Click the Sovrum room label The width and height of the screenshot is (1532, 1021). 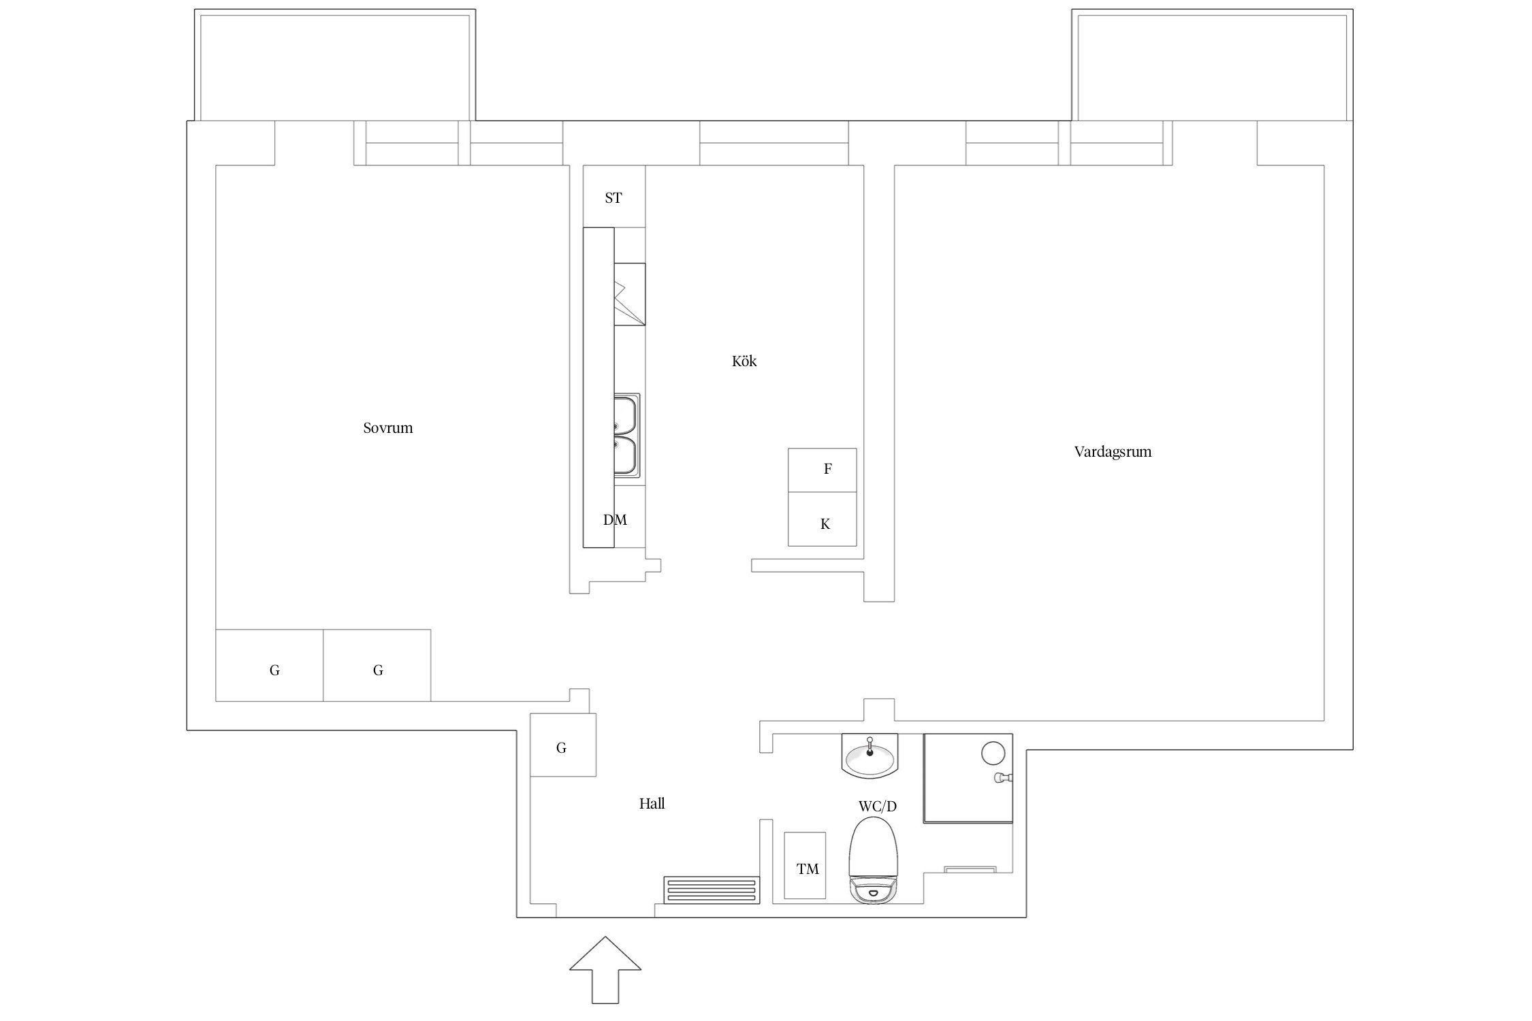(x=387, y=428)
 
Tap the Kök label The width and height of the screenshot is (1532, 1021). (x=744, y=361)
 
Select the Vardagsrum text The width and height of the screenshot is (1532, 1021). (x=1113, y=452)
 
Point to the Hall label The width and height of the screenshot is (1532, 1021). (x=652, y=803)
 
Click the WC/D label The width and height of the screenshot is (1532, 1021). (x=877, y=807)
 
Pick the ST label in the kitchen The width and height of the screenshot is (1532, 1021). (x=613, y=198)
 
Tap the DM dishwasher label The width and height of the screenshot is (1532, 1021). (x=615, y=520)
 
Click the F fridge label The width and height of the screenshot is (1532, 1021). (x=828, y=469)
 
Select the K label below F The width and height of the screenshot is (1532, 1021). (x=825, y=524)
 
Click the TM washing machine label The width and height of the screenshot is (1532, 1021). (x=808, y=869)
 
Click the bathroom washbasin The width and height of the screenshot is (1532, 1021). (x=870, y=756)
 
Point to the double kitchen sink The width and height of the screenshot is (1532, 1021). (x=626, y=436)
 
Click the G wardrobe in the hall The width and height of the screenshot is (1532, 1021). (x=563, y=745)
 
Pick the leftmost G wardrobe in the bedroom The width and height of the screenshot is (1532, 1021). (x=269, y=665)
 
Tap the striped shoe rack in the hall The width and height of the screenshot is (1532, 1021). (x=712, y=890)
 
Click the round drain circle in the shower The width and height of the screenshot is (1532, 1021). (x=993, y=753)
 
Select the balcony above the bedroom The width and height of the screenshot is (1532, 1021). (x=335, y=65)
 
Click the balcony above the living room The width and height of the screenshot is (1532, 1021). (x=1212, y=65)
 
